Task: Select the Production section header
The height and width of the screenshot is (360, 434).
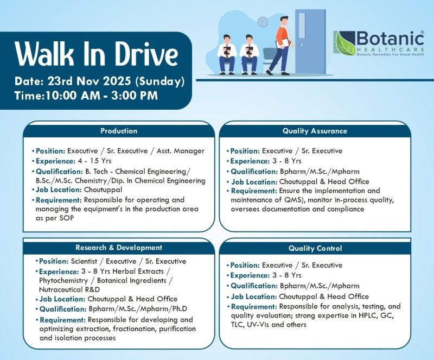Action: tap(119, 131)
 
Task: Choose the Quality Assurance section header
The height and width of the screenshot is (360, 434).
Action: tap(315, 131)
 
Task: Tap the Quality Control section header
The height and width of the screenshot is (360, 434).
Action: tap(315, 248)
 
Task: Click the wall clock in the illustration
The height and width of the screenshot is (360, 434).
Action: tap(263, 22)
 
